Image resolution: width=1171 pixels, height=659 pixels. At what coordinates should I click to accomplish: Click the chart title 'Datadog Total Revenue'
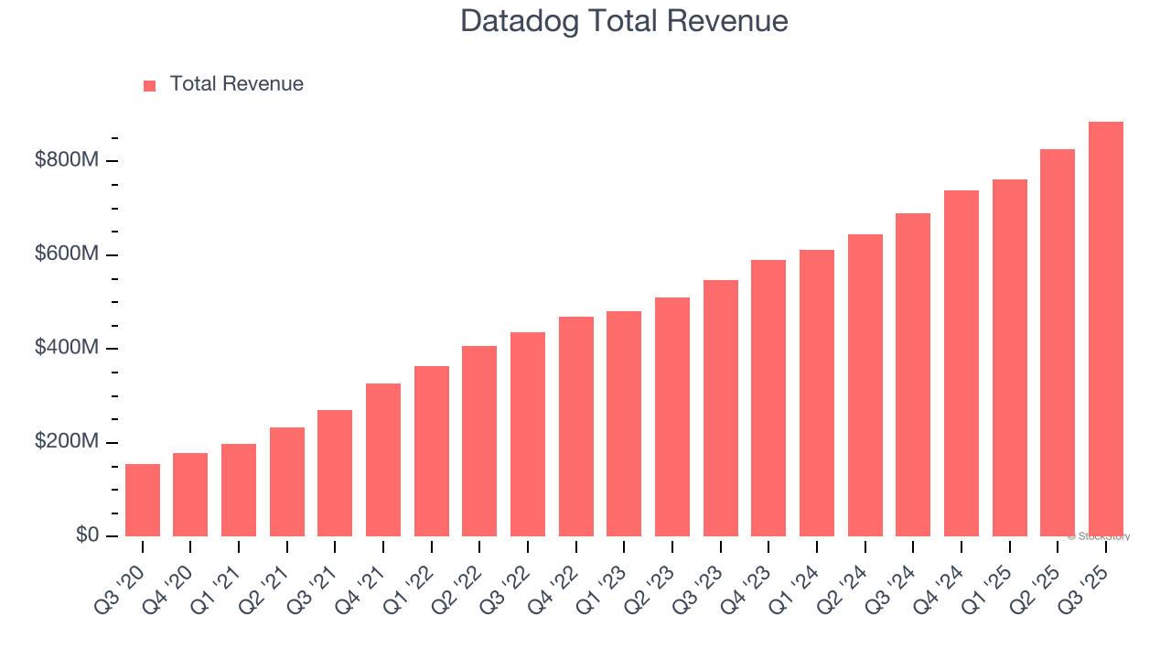624,20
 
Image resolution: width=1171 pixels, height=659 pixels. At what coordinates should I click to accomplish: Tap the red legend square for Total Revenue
150,85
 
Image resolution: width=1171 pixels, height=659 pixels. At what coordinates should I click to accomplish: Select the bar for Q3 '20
143,500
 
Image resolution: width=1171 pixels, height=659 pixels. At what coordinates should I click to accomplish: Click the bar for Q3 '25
1105,329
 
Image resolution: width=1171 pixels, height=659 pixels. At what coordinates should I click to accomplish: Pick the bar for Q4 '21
383,459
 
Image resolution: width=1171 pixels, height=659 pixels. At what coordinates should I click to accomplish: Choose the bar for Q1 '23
624,424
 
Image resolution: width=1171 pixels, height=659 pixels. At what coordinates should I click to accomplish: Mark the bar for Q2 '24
865,385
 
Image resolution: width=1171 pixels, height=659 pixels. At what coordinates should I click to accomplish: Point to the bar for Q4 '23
768,398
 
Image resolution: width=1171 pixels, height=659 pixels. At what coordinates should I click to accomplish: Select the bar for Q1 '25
1009,358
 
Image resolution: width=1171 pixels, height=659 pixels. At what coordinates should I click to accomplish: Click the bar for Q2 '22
479,441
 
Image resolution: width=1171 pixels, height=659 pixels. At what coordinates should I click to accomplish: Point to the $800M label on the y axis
67,160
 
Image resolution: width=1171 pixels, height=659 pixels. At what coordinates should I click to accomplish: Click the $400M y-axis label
67,348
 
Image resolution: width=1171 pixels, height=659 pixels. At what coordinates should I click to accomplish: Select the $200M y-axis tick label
67,441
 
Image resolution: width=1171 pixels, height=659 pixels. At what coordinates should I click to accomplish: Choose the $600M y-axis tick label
67,254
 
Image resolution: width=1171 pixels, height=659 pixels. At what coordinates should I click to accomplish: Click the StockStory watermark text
1098,536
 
